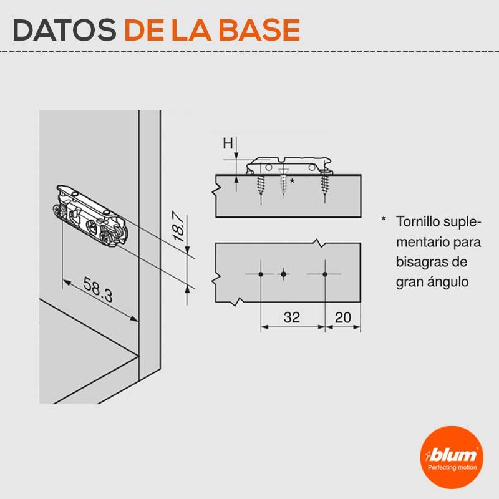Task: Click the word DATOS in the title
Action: (x=65, y=30)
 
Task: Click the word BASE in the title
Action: (x=259, y=30)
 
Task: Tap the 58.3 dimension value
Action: (x=98, y=289)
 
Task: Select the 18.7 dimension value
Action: (x=178, y=226)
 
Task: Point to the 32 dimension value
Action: (x=292, y=317)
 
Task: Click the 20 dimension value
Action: (x=343, y=317)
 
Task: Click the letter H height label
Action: (x=228, y=143)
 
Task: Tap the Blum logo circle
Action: (x=452, y=458)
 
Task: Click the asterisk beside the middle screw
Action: (x=292, y=182)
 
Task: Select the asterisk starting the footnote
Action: (x=384, y=219)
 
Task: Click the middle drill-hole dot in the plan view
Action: (x=284, y=274)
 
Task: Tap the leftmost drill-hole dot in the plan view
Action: (x=261, y=274)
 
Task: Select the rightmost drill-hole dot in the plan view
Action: (x=325, y=274)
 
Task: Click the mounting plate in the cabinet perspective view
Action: (x=90, y=216)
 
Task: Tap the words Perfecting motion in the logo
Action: (x=452, y=467)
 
